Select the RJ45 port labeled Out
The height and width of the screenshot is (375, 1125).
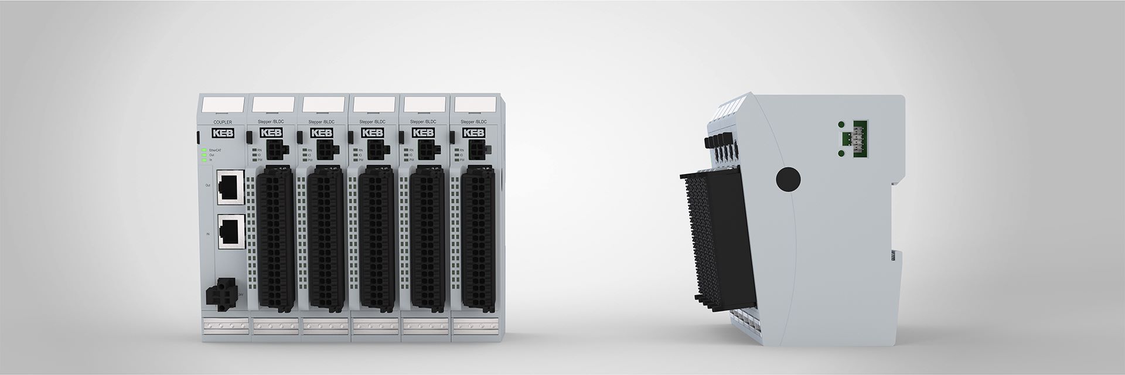pos(227,187)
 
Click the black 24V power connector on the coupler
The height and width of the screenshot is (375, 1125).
pos(220,294)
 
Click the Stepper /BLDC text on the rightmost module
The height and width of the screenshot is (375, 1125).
pos(473,122)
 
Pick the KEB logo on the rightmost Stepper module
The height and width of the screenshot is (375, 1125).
pos(474,133)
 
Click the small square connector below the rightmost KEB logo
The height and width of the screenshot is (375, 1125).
pos(475,150)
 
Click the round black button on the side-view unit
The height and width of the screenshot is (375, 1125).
pos(788,179)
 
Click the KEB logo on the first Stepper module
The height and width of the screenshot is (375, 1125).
pos(271,133)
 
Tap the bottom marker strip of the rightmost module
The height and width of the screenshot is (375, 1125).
pos(475,325)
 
